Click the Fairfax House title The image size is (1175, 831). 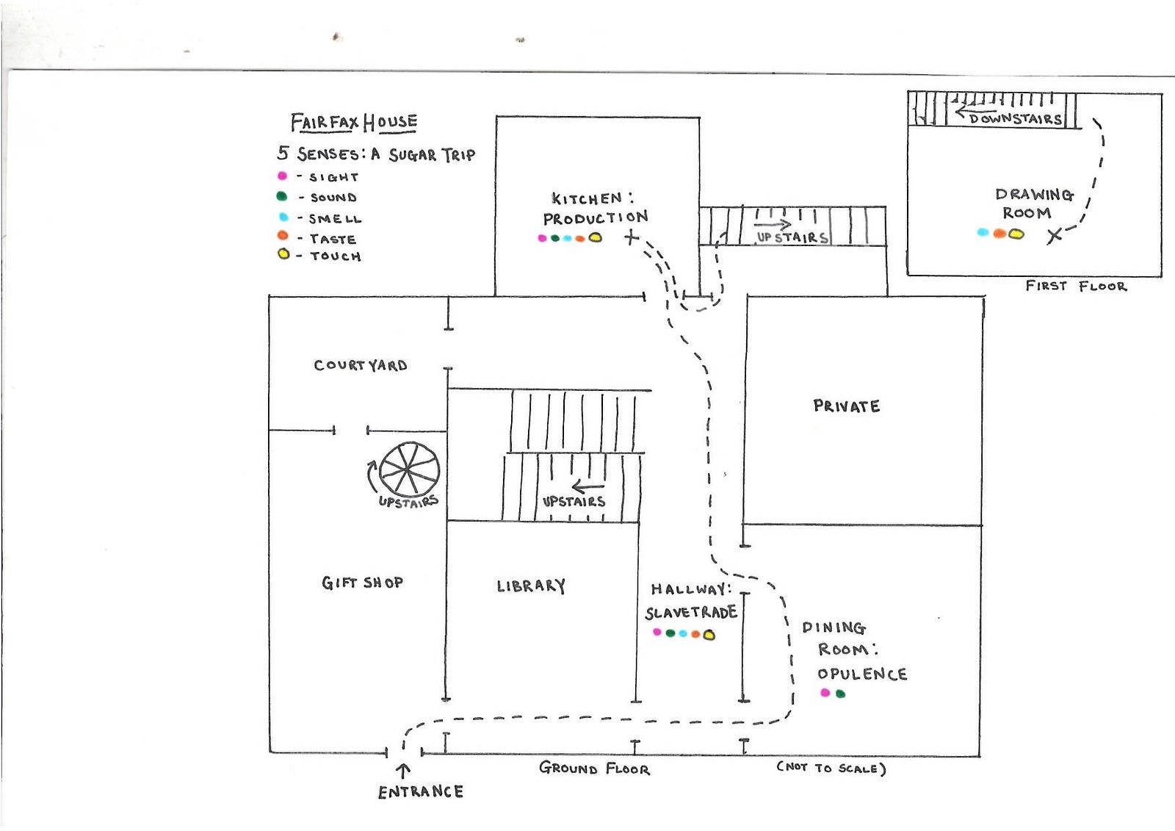pos(354,122)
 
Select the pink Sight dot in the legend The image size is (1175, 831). pos(282,176)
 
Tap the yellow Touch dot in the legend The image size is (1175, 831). pos(283,255)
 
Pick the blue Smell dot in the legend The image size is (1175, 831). pos(283,217)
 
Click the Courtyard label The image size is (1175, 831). pos(361,365)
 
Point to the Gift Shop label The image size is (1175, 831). pos(363,583)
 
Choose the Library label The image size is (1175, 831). pos(532,586)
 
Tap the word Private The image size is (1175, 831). pos(847,406)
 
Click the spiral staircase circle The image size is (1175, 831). pos(410,470)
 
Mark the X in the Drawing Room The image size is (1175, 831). pos(1055,236)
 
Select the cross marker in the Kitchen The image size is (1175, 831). pos(632,238)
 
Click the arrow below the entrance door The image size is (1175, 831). pos(403,771)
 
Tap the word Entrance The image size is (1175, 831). pos(421,791)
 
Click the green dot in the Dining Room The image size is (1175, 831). pos(840,694)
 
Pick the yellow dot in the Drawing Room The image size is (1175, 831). pos(1016,234)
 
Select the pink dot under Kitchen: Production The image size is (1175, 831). pos(543,238)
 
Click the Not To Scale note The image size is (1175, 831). pos(831,768)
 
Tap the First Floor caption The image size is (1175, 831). pos(1076,286)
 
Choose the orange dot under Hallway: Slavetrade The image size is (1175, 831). pos(695,634)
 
